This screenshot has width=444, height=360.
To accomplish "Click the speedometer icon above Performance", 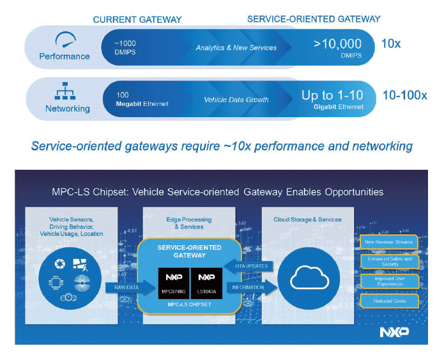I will [68, 40].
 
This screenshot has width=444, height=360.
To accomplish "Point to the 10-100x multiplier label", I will [404, 96].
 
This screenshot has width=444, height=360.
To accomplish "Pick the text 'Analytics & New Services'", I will [236, 48].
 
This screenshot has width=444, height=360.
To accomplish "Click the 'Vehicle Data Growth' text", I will [236, 100].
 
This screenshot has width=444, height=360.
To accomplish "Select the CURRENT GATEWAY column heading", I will [137, 20].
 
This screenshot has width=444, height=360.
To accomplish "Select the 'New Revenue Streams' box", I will [389, 242].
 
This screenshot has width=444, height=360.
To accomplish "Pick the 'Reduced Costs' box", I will [389, 300].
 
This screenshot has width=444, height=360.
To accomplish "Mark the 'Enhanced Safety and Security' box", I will [389, 261].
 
